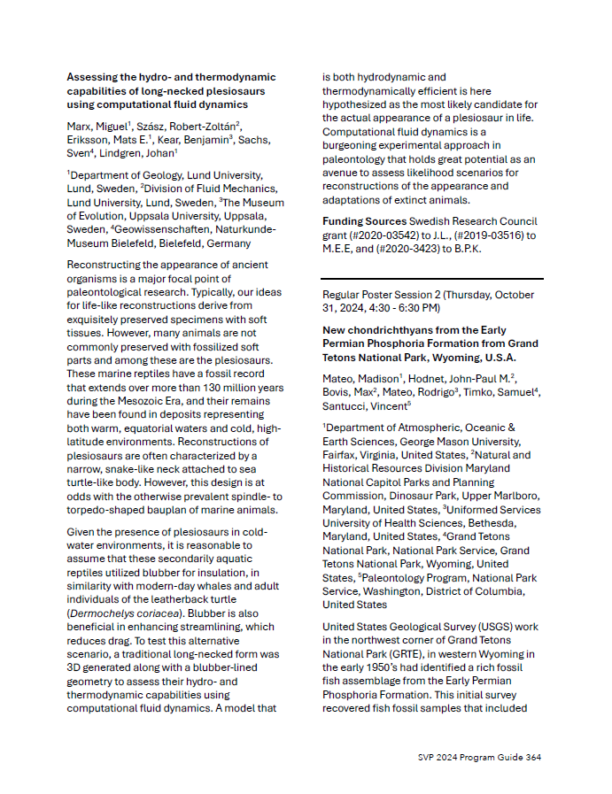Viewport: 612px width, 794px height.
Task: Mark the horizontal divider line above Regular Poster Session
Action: (432, 279)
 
